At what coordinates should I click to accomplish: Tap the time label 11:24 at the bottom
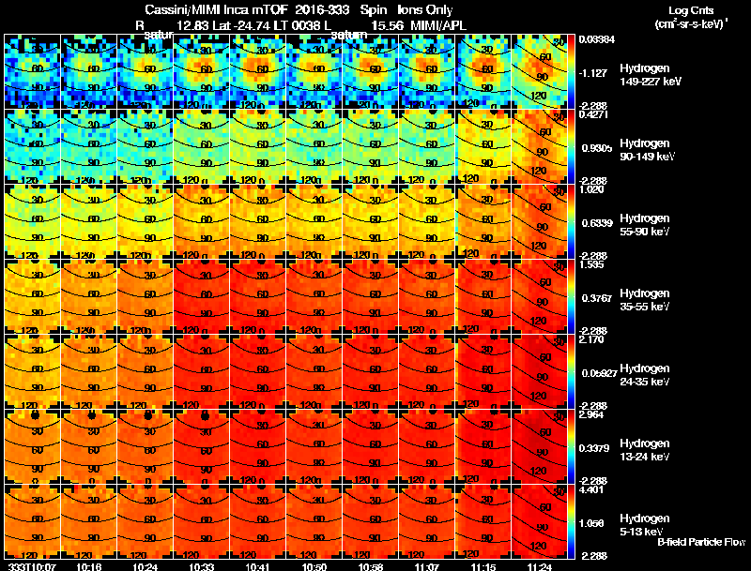[x=541, y=566]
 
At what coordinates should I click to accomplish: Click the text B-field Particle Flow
[x=700, y=542]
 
